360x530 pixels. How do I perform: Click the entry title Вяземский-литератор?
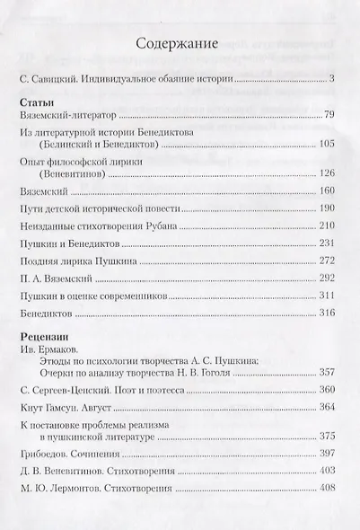click(66, 117)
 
